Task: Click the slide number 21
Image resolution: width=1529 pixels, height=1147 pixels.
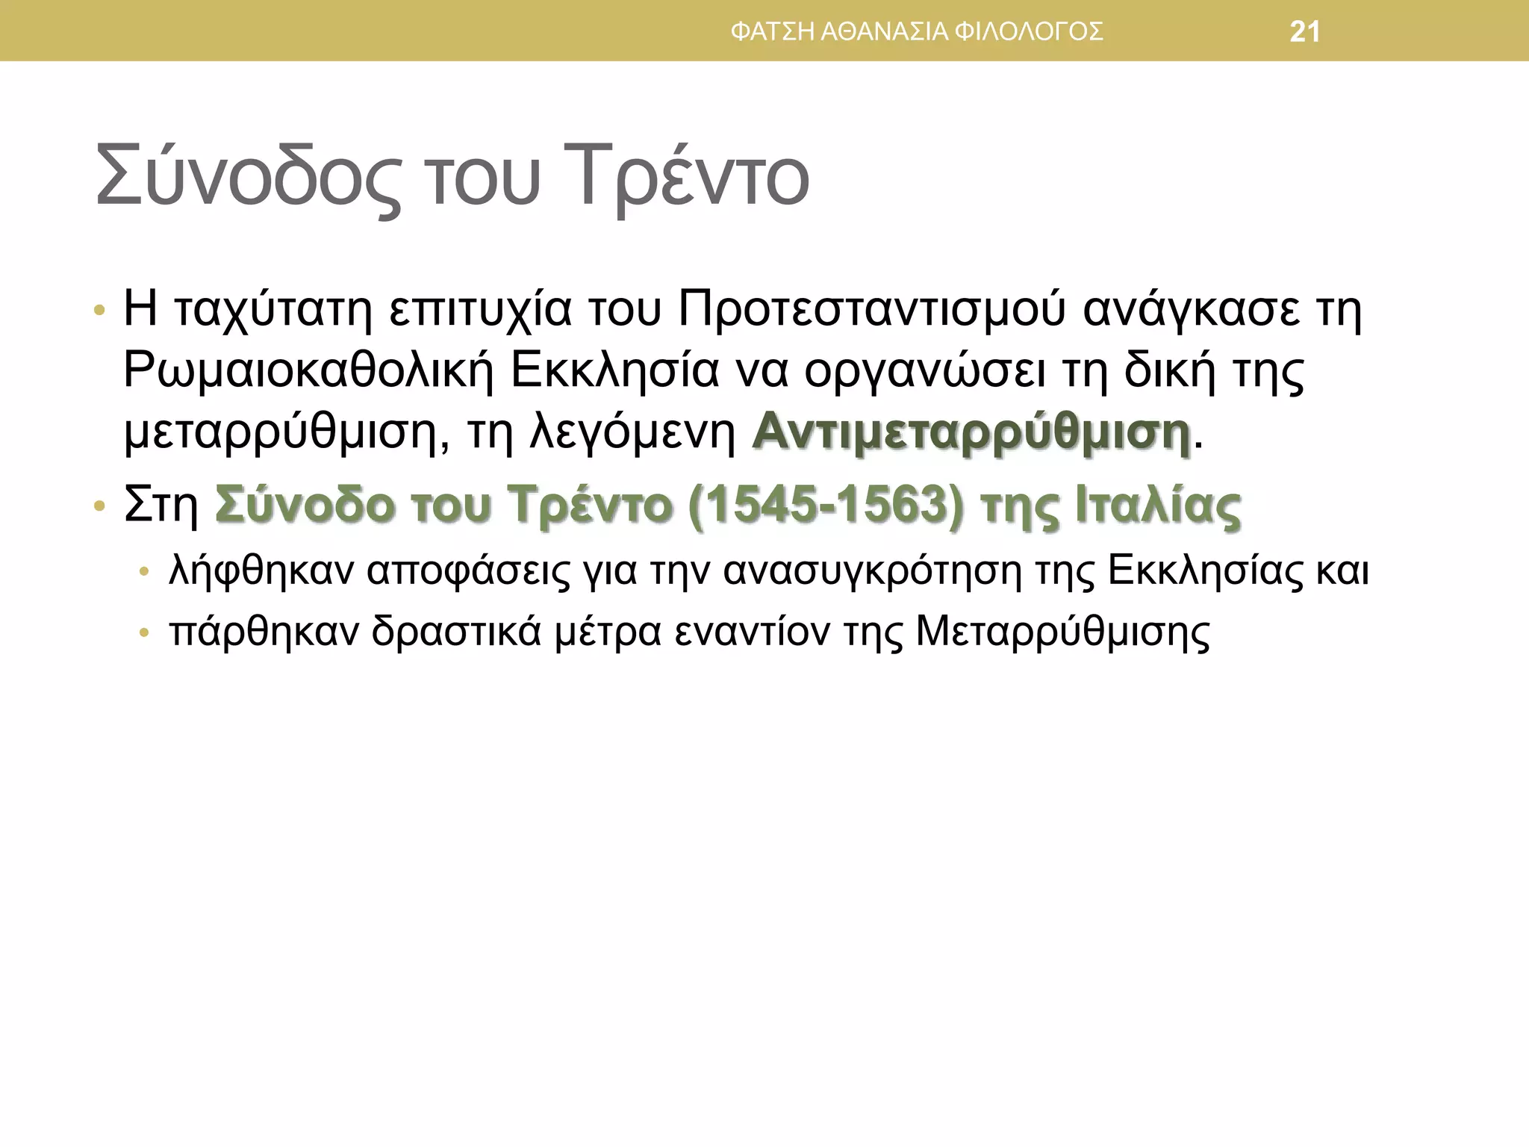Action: [x=1305, y=32]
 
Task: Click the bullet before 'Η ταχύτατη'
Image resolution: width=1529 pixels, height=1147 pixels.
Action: [x=99, y=311]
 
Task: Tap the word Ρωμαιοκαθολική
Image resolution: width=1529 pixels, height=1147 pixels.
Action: [x=308, y=371]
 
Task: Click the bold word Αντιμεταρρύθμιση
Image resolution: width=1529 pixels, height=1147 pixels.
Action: [x=971, y=433]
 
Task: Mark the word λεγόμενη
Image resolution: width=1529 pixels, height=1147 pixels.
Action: [x=633, y=433]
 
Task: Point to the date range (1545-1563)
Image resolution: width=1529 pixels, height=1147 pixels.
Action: [x=826, y=506]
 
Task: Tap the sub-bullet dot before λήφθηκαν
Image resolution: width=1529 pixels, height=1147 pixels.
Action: [x=145, y=573]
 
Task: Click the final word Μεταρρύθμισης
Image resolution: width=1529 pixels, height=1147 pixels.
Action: [x=1062, y=632]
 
